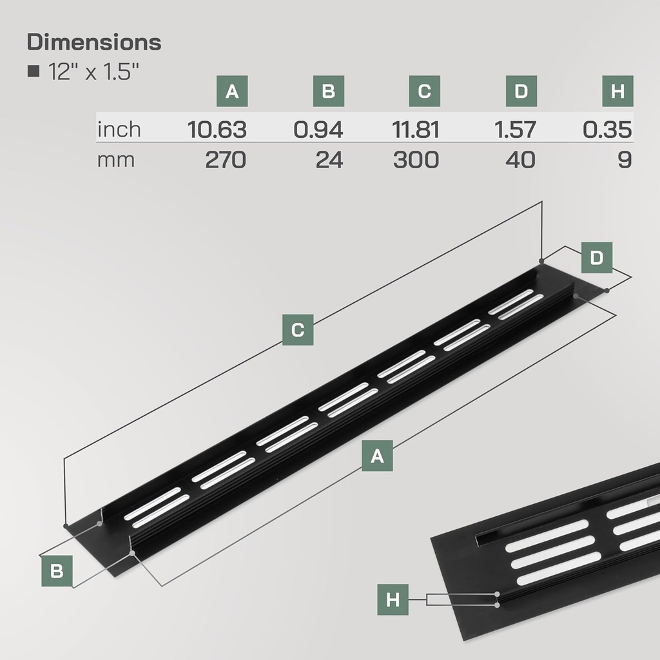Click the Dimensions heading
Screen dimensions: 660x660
(94, 43)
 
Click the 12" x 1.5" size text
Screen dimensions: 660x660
(93, 71)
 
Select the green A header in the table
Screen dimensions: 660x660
(232, 91)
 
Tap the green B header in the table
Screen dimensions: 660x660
(328, 91)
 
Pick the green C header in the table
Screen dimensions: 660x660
(424, 91)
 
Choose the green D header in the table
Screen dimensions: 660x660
(521, 91)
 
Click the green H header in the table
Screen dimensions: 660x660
(617, 91)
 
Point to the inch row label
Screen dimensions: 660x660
(119, 129)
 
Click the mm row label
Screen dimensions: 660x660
(116, 159)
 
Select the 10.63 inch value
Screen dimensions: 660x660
(217, 130)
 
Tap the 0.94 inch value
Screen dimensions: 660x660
(318, 130)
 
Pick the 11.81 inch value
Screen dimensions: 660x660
(416, 130)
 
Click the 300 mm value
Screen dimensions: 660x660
(416, 159)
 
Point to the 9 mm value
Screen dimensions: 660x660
(624, 159)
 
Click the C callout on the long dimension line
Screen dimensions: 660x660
(298, 330)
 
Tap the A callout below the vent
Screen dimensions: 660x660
(377, 456)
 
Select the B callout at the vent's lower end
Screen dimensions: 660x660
(57, 570)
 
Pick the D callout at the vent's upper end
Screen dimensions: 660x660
(597, 258)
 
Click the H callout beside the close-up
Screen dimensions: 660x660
(393, 599)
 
